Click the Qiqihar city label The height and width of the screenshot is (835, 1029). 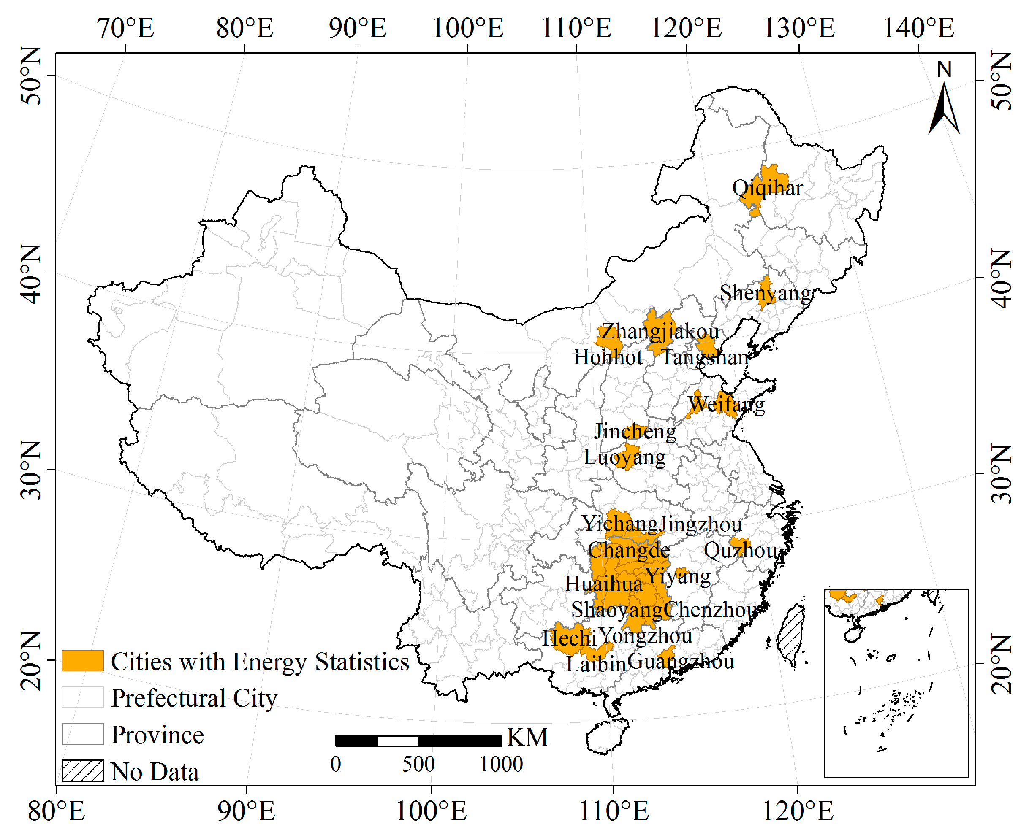[x=767, y=188]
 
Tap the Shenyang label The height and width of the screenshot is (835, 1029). [x=765, y=293]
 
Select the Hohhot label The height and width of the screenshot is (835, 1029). [x=608, y=357]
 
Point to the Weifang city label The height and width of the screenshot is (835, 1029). [x=726, y=404]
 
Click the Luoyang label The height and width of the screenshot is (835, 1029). [x=624, y=457]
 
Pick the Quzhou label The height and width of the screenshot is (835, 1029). [x=740, y=550]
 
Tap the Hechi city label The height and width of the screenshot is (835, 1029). [x=569, y=639]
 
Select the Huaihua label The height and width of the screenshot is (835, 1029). [x=603, y=584]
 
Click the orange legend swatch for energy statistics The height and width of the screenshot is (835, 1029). [x=82, y=661]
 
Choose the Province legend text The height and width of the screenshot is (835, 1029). [x=157, y=735]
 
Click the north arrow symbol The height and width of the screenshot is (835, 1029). [x=943, y=108]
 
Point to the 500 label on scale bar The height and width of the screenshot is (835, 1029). [x=418, y=764]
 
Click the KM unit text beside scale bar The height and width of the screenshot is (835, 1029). [x=527, y=738]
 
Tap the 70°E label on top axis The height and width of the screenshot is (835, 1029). [x=126, y=28]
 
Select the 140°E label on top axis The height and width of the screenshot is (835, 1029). [x=918, y=28]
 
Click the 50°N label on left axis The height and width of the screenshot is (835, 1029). [x=31, y=76]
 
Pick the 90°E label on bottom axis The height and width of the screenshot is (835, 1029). [x=246, y=812]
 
